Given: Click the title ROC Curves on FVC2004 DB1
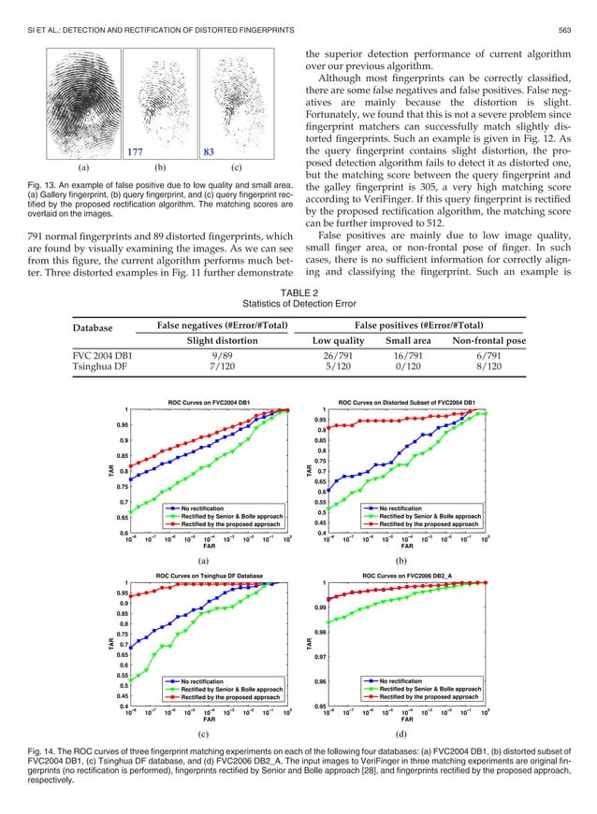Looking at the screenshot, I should point(209,401).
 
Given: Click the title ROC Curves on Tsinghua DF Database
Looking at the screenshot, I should point(209,577).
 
